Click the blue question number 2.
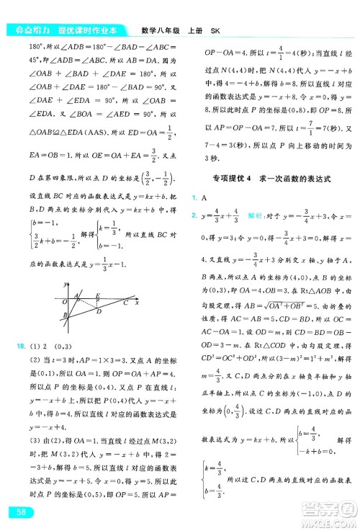(193, 216)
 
